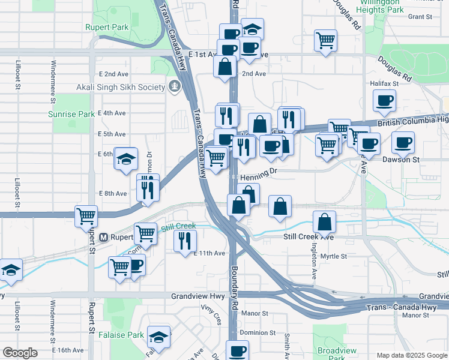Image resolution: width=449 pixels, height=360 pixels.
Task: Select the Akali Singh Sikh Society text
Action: point(120,87)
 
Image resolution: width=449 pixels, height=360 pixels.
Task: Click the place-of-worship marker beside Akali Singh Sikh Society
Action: point(174,87)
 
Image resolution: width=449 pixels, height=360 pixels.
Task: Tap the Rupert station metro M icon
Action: point(103,237)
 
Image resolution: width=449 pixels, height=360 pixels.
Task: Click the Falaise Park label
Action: point(124,335)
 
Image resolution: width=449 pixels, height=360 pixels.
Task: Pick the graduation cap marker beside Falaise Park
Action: point(159,337)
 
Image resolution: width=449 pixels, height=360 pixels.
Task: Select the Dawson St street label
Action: point(401,160)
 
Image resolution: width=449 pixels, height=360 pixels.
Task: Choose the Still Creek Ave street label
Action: point(308,237)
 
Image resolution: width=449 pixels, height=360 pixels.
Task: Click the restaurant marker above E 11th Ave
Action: point(185,240)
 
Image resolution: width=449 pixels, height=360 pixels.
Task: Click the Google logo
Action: point(20,353)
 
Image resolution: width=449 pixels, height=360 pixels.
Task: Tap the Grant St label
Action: point(420,17)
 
